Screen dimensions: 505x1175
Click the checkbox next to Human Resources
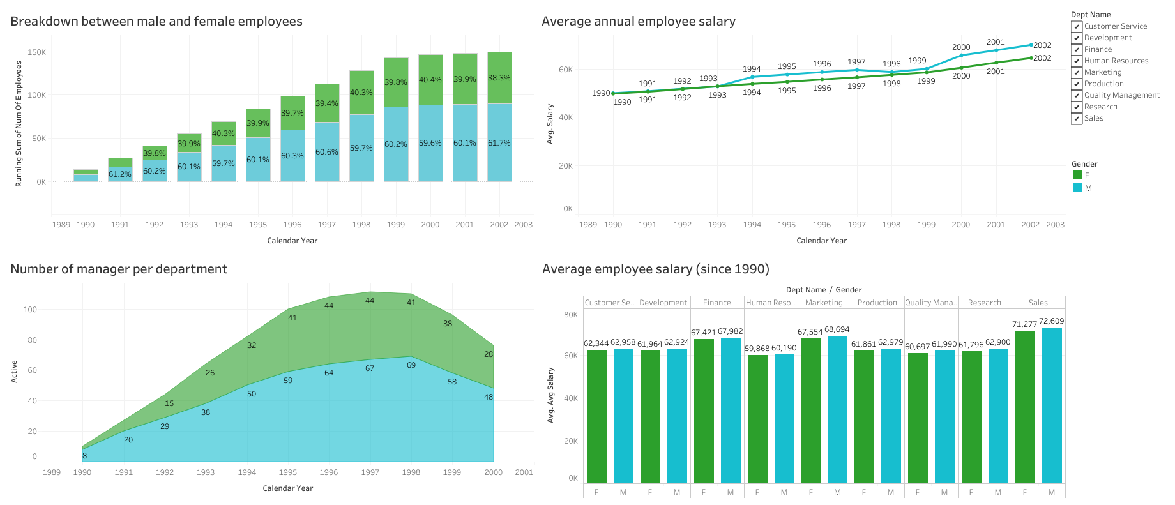click(x=1077, y=61)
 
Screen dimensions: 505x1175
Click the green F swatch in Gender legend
click(x=1077, y=176)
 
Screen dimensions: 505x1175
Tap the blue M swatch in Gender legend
click(x=1077, y=188)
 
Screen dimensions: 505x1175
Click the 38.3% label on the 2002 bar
click(x=499, y=78)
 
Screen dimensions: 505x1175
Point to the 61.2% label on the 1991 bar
click(x=119, y=174)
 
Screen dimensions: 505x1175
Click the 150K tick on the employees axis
click(x=36, y=52)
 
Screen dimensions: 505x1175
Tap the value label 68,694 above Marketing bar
click(x=837, y=329)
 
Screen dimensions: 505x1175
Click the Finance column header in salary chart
click(x=716, y=303)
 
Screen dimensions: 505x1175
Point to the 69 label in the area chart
click(x=411, y=365)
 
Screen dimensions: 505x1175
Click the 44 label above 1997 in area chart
click(x=370, y=301)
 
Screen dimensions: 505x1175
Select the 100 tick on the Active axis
click(x=30, y=310)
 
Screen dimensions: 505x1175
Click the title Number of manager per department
click(x=119, y=269)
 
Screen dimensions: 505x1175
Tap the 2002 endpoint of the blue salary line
click(x=1030, y=45)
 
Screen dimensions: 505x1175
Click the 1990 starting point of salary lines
click(x=613, y=93)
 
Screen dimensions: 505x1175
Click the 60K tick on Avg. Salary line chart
click(x=566, y=70)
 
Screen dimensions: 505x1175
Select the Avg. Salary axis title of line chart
click(x=550, y=124)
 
